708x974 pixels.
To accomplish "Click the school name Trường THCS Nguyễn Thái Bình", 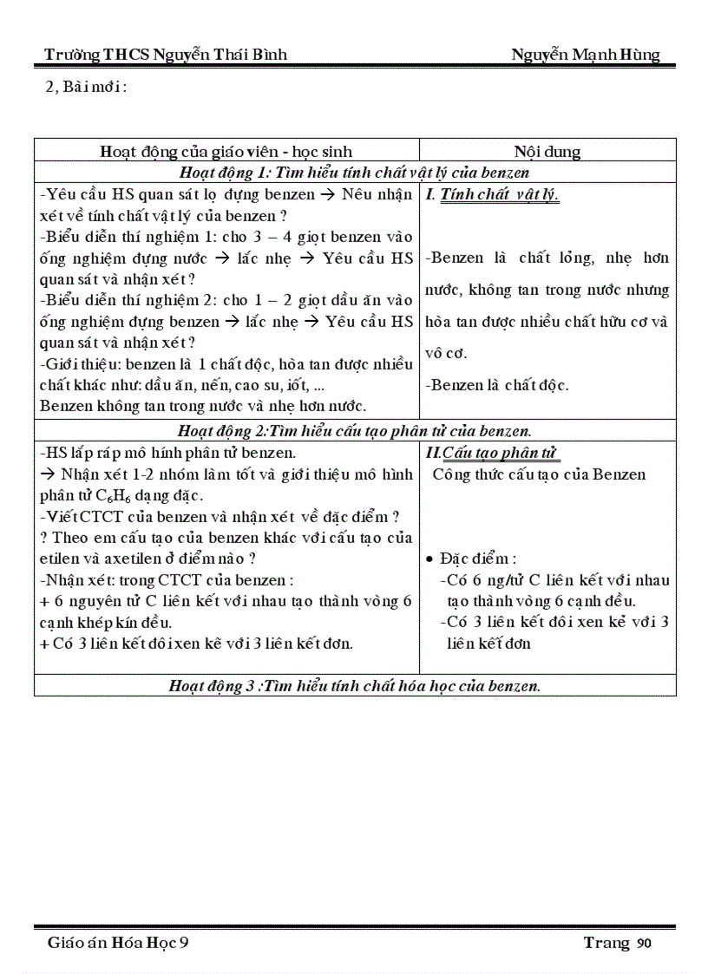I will [166, 56].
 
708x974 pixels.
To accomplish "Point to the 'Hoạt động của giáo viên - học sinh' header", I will [226, 151].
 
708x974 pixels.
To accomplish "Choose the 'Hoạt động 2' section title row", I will [354, 430].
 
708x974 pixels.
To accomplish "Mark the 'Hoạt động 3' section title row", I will [354, 685].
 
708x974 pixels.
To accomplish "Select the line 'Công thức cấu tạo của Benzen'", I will [539, 474].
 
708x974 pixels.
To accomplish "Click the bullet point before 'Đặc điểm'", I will [429, 559].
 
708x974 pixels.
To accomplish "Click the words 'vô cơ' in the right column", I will [446, 353].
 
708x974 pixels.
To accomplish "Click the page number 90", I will [643, 944].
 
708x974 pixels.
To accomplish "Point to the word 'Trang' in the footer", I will [606, 943].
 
